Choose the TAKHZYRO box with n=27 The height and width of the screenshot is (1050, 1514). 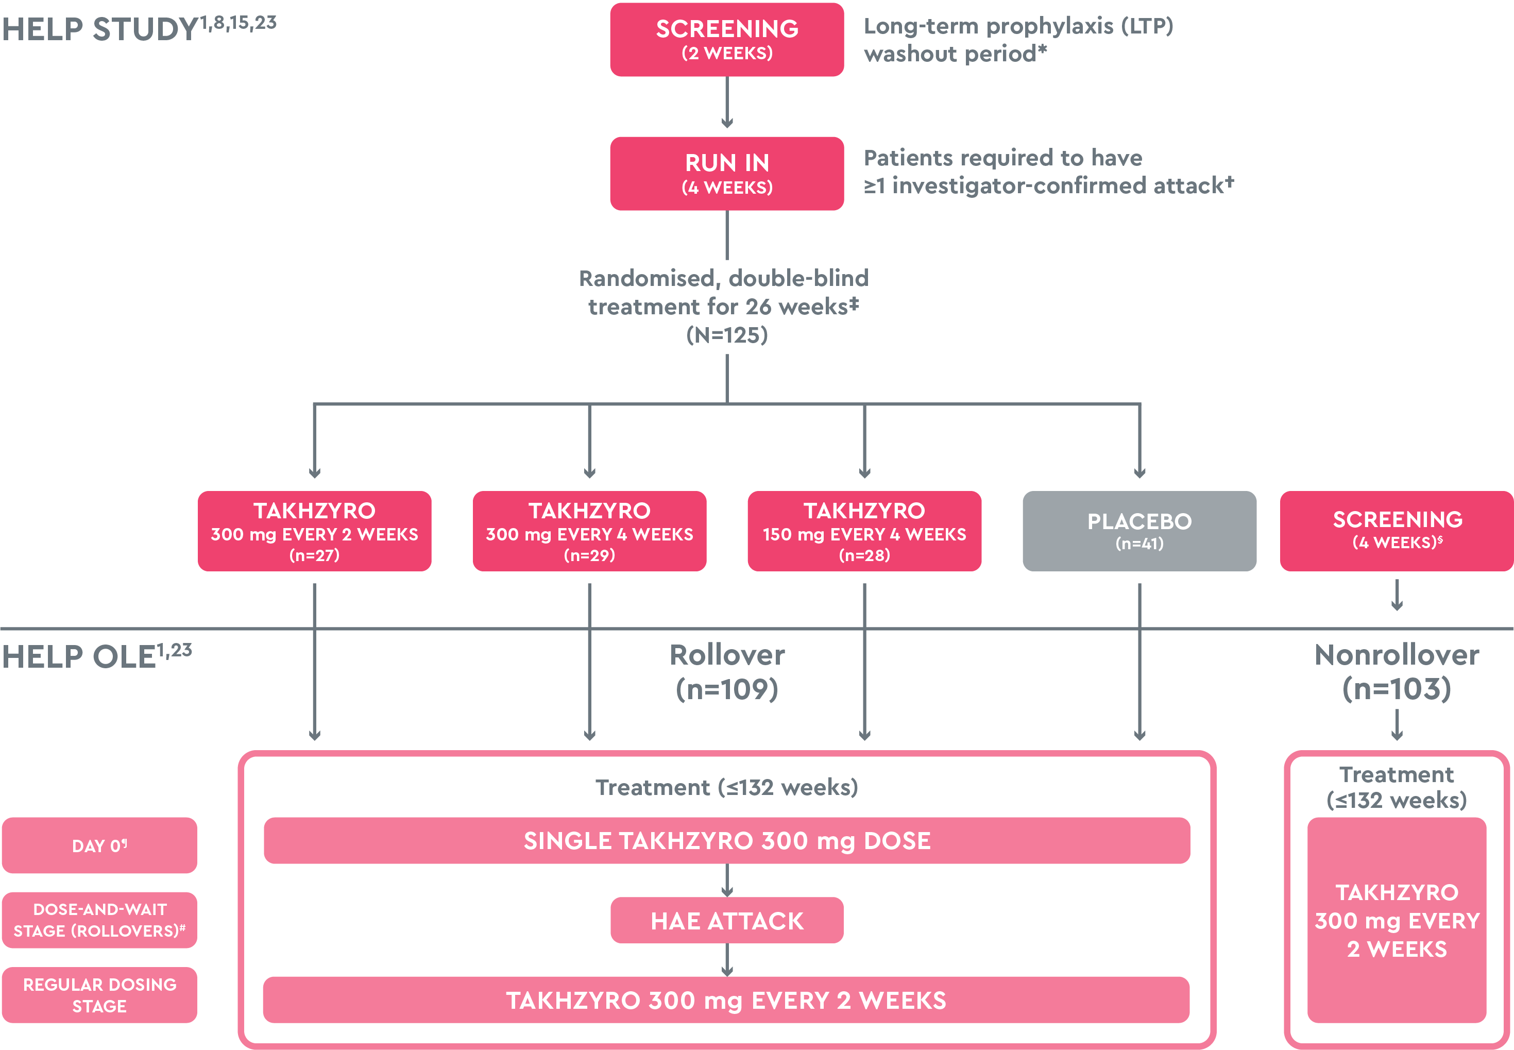[x=314, y=531]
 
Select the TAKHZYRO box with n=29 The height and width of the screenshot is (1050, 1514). [x=589, y=531]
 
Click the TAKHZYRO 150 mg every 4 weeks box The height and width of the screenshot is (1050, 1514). [x=864, y=531]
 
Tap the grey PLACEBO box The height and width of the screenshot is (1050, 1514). [x=1139, y=531]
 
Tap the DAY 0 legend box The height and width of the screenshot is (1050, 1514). [x=99, y=845]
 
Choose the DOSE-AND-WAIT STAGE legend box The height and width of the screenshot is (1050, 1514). [x=99, y=920]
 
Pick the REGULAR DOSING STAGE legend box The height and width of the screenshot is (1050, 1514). [x=99, y=995]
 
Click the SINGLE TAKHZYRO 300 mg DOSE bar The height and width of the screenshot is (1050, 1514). [x=727, y=840]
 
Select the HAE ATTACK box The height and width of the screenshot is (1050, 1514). [x=727, y=920]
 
